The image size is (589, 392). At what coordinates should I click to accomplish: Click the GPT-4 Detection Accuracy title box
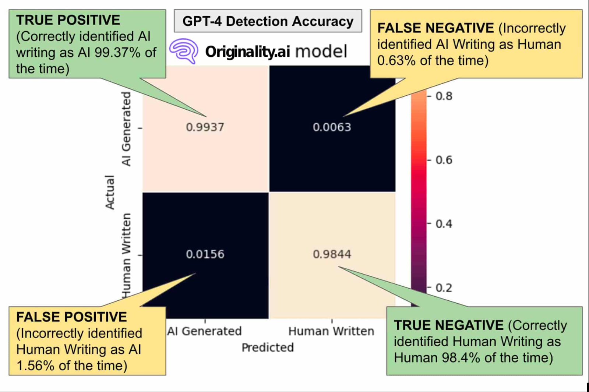point(268,21)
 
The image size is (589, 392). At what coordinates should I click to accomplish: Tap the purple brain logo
point(184,51)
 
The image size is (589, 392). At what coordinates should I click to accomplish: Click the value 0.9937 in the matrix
point(205,127)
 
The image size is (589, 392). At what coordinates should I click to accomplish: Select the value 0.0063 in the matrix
point(332,127)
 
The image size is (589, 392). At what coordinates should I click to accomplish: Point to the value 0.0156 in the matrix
point(205,254)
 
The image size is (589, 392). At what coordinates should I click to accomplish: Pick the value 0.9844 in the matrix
point(332,254)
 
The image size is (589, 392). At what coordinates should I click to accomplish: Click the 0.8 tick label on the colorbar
point(444,96)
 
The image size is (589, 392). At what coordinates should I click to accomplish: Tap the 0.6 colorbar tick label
point(444,160)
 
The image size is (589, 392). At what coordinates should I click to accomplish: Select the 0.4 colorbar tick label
point(444,224)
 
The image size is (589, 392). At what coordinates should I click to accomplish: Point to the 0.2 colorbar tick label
point(444,288)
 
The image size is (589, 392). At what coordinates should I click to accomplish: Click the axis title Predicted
point(268,347)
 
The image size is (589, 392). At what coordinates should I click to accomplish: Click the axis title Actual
point(110,192)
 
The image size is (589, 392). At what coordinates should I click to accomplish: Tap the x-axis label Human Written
point(331,331)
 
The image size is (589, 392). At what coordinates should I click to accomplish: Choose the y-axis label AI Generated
point(126,129)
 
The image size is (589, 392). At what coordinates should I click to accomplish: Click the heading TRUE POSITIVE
point(68,20)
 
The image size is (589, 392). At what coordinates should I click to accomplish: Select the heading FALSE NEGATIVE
point(435,28)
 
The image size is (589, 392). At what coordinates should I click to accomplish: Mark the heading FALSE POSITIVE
point(71,317)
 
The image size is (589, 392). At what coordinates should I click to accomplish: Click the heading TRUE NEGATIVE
point(448,325)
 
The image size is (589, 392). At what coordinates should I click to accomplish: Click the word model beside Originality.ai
point(321,52)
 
